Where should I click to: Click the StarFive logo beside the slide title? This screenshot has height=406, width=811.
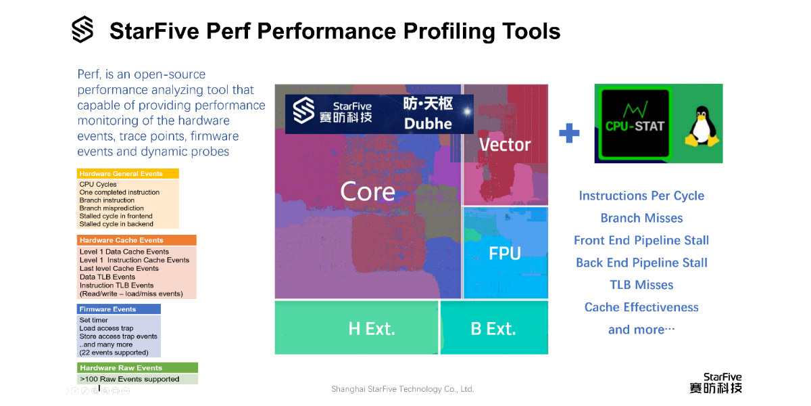point(82,29)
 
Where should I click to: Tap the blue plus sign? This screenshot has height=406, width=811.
point(569,133)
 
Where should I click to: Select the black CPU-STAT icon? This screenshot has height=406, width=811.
point(635,124)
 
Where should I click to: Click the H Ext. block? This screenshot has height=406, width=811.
point(356,328)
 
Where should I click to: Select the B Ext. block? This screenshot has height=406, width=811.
point(494,328)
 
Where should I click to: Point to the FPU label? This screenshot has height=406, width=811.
point(505,253)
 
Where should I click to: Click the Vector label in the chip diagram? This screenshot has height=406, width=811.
point(505,145)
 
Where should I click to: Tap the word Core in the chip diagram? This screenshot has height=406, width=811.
point(368,191)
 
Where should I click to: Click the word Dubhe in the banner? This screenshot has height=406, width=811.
point(428,124)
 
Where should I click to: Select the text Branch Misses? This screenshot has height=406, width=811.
point(641,218)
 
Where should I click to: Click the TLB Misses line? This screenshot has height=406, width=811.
point(641,285)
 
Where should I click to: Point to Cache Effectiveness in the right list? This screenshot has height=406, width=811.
point(641,307)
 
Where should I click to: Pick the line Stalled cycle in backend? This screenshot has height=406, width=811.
point(116,224)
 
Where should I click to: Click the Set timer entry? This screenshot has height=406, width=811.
point(93,320)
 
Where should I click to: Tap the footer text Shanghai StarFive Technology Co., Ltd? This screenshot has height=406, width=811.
point(403,389)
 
